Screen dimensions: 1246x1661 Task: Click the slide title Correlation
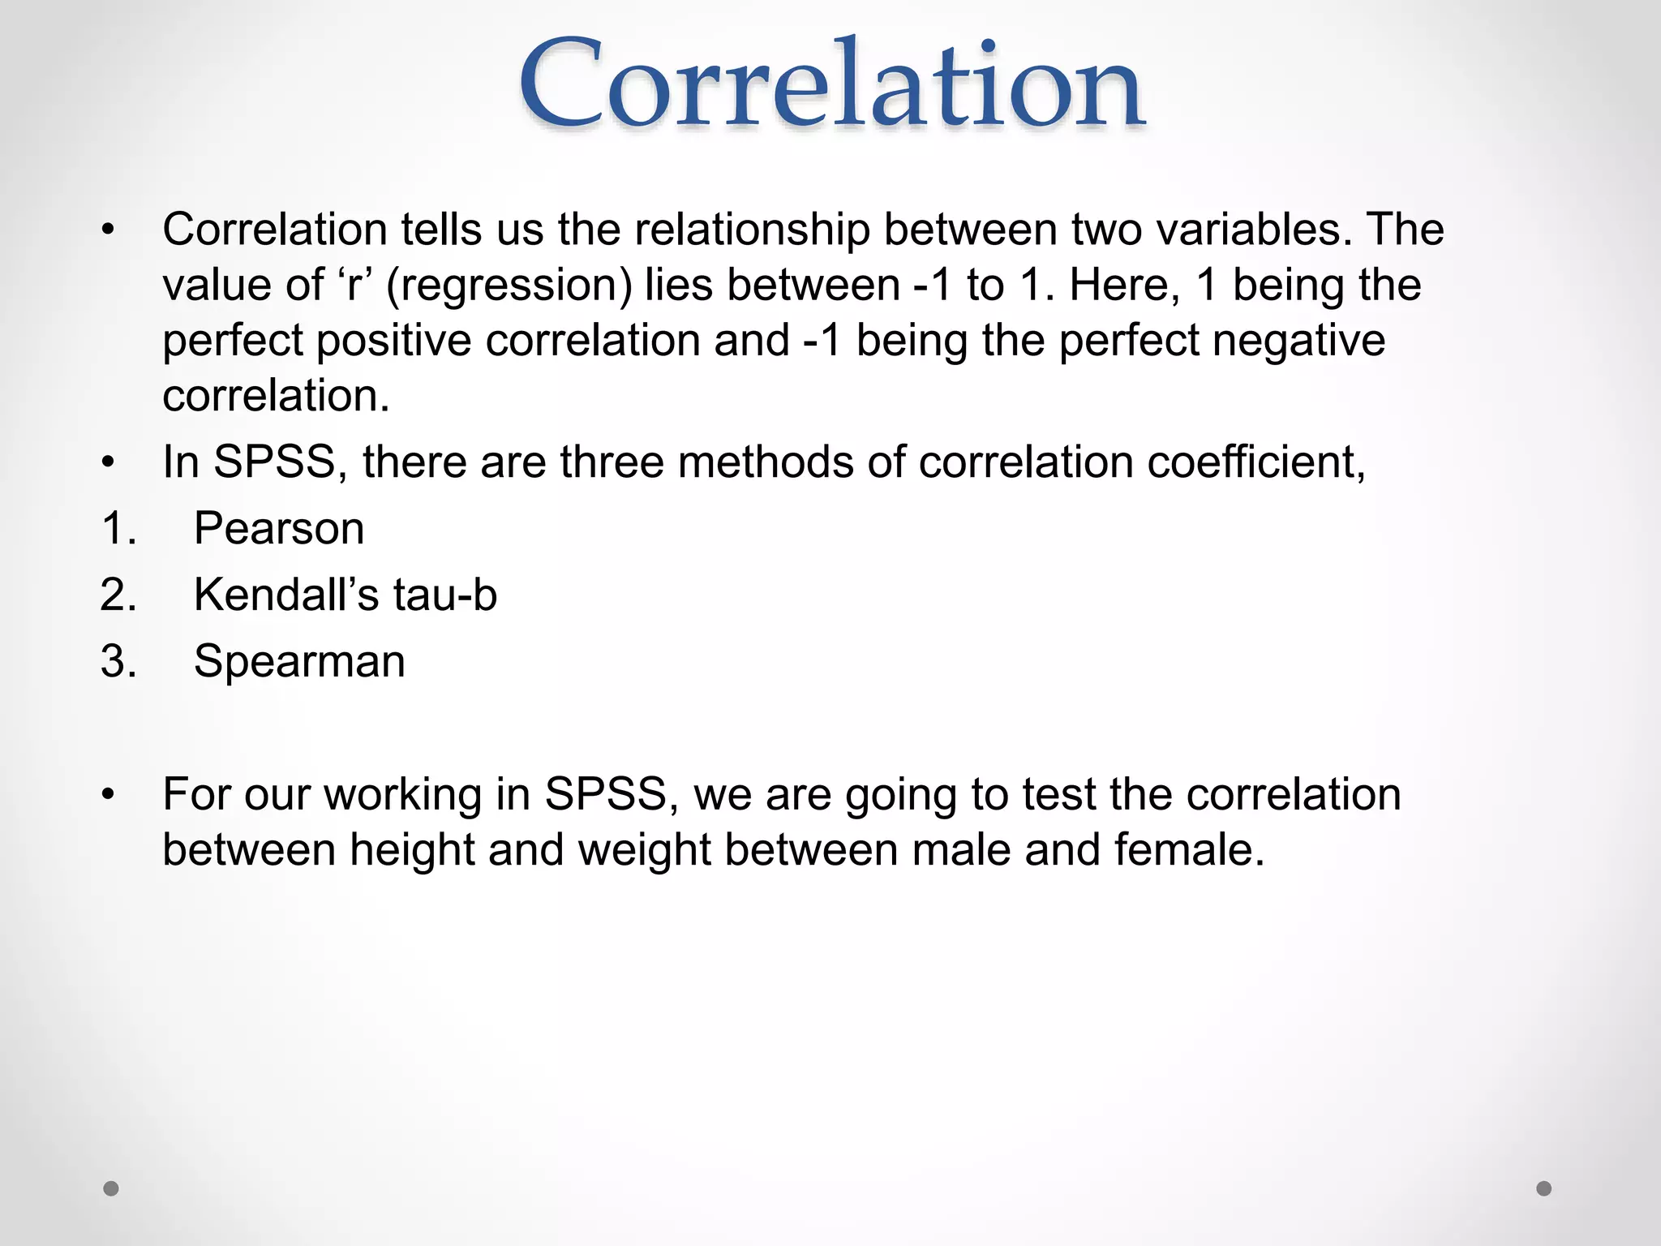click(831, 85)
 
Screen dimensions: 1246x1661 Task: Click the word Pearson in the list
click(279, 529)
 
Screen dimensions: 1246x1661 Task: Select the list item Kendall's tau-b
click(345, 595)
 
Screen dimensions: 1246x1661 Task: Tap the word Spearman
click(299, 661)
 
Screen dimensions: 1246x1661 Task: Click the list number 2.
click(118, 595)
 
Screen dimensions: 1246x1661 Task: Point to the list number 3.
click(118, 661)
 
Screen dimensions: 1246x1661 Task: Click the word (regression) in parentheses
click(509, 286)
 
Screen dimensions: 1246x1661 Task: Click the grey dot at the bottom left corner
click(111, 1188)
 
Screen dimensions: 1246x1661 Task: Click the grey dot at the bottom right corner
click(1544, 1188)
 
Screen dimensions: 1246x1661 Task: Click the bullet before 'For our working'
click(109, 795)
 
